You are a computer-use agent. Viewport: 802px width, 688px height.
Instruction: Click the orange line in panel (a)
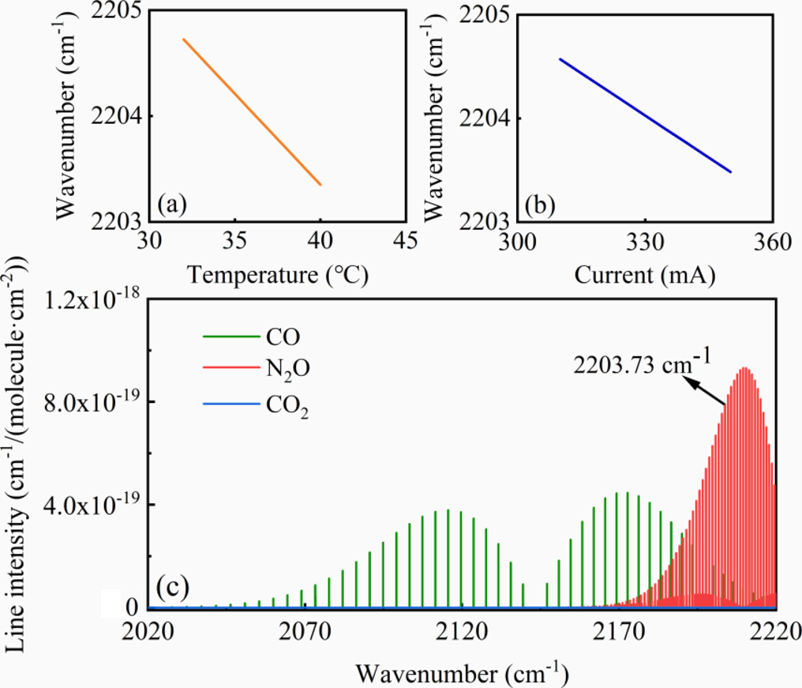(252, 111)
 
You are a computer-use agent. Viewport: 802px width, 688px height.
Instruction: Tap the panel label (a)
(171, 205)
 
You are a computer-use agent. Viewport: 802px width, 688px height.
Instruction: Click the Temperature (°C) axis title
(277, 275)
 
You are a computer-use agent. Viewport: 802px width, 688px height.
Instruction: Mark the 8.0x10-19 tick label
(90, 402)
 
